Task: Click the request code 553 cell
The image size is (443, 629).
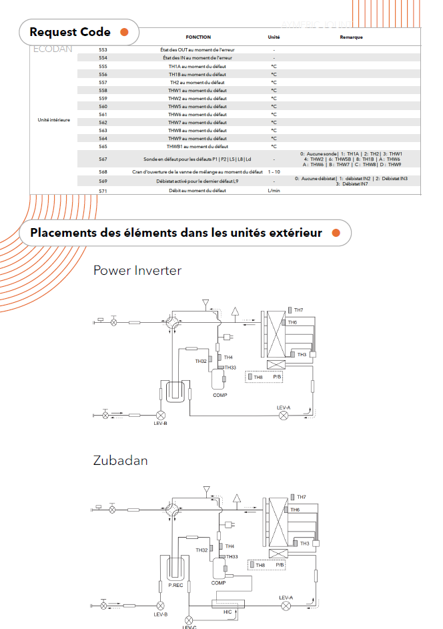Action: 103,50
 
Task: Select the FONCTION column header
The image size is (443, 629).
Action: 198,37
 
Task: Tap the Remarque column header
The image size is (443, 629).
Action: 351,37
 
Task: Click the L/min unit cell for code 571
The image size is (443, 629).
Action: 274,191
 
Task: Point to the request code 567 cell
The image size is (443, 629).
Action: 103,159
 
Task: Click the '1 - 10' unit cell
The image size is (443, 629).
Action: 274,172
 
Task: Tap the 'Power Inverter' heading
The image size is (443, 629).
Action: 137,270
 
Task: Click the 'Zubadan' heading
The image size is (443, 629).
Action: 120,460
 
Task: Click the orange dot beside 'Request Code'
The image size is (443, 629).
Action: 124,32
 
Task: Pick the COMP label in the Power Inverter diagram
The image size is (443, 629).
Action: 220,396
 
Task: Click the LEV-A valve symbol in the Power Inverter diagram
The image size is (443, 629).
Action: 284,415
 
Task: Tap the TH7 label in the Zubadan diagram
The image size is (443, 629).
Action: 302,497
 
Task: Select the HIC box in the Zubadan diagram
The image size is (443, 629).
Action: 228,604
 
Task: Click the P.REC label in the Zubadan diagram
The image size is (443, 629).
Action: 176,585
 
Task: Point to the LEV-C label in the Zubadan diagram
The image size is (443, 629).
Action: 189,626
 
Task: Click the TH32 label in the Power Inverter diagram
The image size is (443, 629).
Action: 201,361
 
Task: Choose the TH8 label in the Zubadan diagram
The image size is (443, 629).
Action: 261,566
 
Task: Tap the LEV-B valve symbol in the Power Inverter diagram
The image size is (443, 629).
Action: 160,415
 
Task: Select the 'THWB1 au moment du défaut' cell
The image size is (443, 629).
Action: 197,147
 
